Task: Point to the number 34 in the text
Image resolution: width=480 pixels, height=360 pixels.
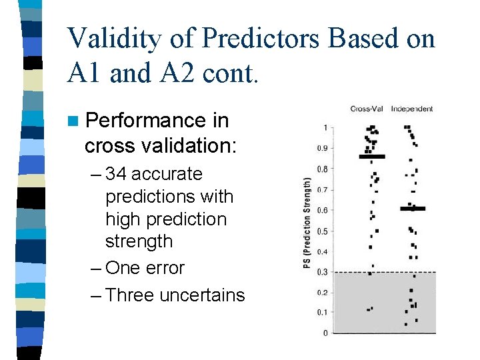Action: (116, 174)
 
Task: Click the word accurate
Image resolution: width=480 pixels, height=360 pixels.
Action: (167, 174)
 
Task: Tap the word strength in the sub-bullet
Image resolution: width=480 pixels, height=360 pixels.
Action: (139, 241)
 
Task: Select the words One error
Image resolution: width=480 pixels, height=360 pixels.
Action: (145, 268)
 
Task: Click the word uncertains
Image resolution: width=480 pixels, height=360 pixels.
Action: (202, 295)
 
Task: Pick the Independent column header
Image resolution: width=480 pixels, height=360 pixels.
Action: (412, 109)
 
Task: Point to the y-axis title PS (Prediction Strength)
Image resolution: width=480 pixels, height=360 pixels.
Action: (307, 223)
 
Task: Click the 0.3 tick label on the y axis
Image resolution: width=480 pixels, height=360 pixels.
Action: (323, 272)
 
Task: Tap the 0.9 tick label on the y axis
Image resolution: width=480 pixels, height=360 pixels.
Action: (323, 149)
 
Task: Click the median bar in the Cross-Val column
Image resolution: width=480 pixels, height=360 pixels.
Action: (372, 157)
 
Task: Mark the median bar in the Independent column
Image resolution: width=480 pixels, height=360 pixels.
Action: (413, 209)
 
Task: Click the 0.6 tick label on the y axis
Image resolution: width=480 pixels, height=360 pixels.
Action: (323, 211)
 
